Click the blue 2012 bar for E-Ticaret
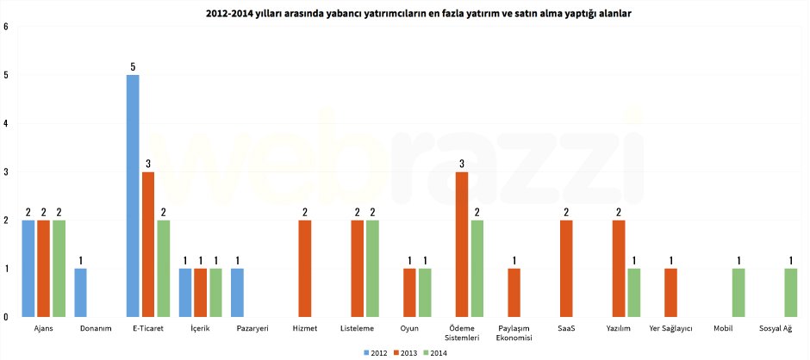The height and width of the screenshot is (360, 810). pyautogui.click(x=133, y=196)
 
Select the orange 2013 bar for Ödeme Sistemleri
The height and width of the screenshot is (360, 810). pyautogui.click(x=462, y=245)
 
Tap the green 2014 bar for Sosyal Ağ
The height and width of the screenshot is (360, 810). pyautogui.click(x=791, y=293)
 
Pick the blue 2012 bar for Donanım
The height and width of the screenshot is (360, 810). pyautogui.click(x=81, y=293)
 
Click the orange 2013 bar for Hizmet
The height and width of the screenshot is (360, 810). pyautogui.click(x=305, y=269)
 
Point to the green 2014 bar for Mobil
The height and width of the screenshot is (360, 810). pyautogui.click(x=739, y=293)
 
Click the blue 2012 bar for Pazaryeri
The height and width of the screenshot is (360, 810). pyautogui.click(x=238, y=293)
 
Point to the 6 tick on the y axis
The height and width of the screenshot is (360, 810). pyautogui.click(x=6, y=27)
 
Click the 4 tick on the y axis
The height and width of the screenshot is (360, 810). pyautogui.click(x=6, y=123)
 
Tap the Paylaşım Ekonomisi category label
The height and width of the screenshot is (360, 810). pyautogui.click(x=514, y=332)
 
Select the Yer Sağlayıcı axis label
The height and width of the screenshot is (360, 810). pyautogui.click(x=670, y=328)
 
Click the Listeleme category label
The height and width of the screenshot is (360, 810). pyautogui.click(x=357, y=328)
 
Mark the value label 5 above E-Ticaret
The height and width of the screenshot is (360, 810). pyautogui.click(x=133, y=66)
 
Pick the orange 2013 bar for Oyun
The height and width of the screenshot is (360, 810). pyautogui.click(x=410, y=293)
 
